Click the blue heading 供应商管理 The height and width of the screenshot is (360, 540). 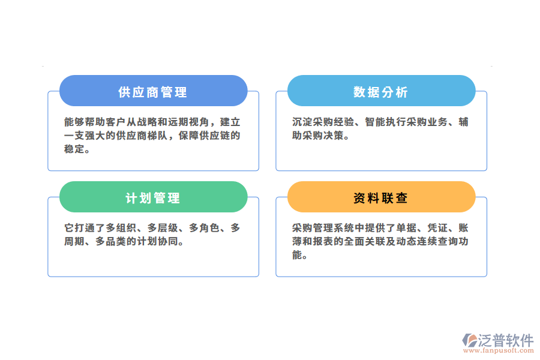click(x=153, y=92)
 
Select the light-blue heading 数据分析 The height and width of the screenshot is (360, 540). click(x=380, y=92)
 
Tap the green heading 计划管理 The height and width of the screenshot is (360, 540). click(x=153, y=198)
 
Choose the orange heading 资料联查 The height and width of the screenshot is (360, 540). click(x=380, y=198)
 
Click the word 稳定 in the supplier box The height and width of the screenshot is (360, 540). click(x=74, y=149)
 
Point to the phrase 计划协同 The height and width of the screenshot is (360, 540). click(x=163, y=242)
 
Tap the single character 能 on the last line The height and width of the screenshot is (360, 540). click(x=297, y=255)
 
